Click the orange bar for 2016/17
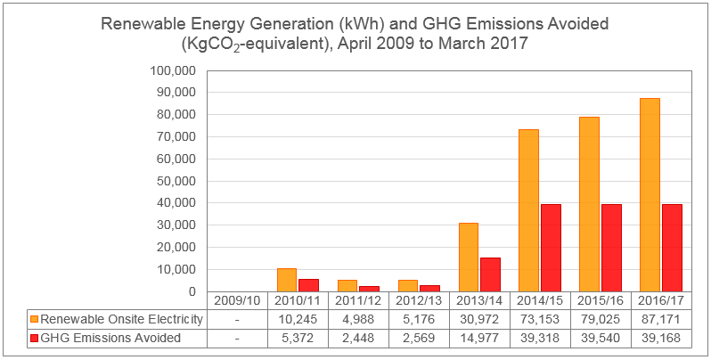[x=650, y=195]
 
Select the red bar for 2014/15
[x=551, y=248]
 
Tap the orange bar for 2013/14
[x=468, y=257]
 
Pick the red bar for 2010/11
[x=308, y=285]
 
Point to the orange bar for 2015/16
[x=589, y=204]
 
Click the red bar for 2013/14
[x=490, y=274]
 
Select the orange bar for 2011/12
[x=347, y=286]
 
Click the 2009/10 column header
[x=237, y=301]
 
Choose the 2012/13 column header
[x=419, y=301]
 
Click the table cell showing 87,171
[x=661, y=320]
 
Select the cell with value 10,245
[x=298, y=320]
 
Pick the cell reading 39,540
[x=601, y=339]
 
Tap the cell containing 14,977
[x=479, y=339]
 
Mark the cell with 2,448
[x=358, y=339]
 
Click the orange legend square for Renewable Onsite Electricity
[x=35, y=320]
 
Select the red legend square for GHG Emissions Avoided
[x=35, y=339]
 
